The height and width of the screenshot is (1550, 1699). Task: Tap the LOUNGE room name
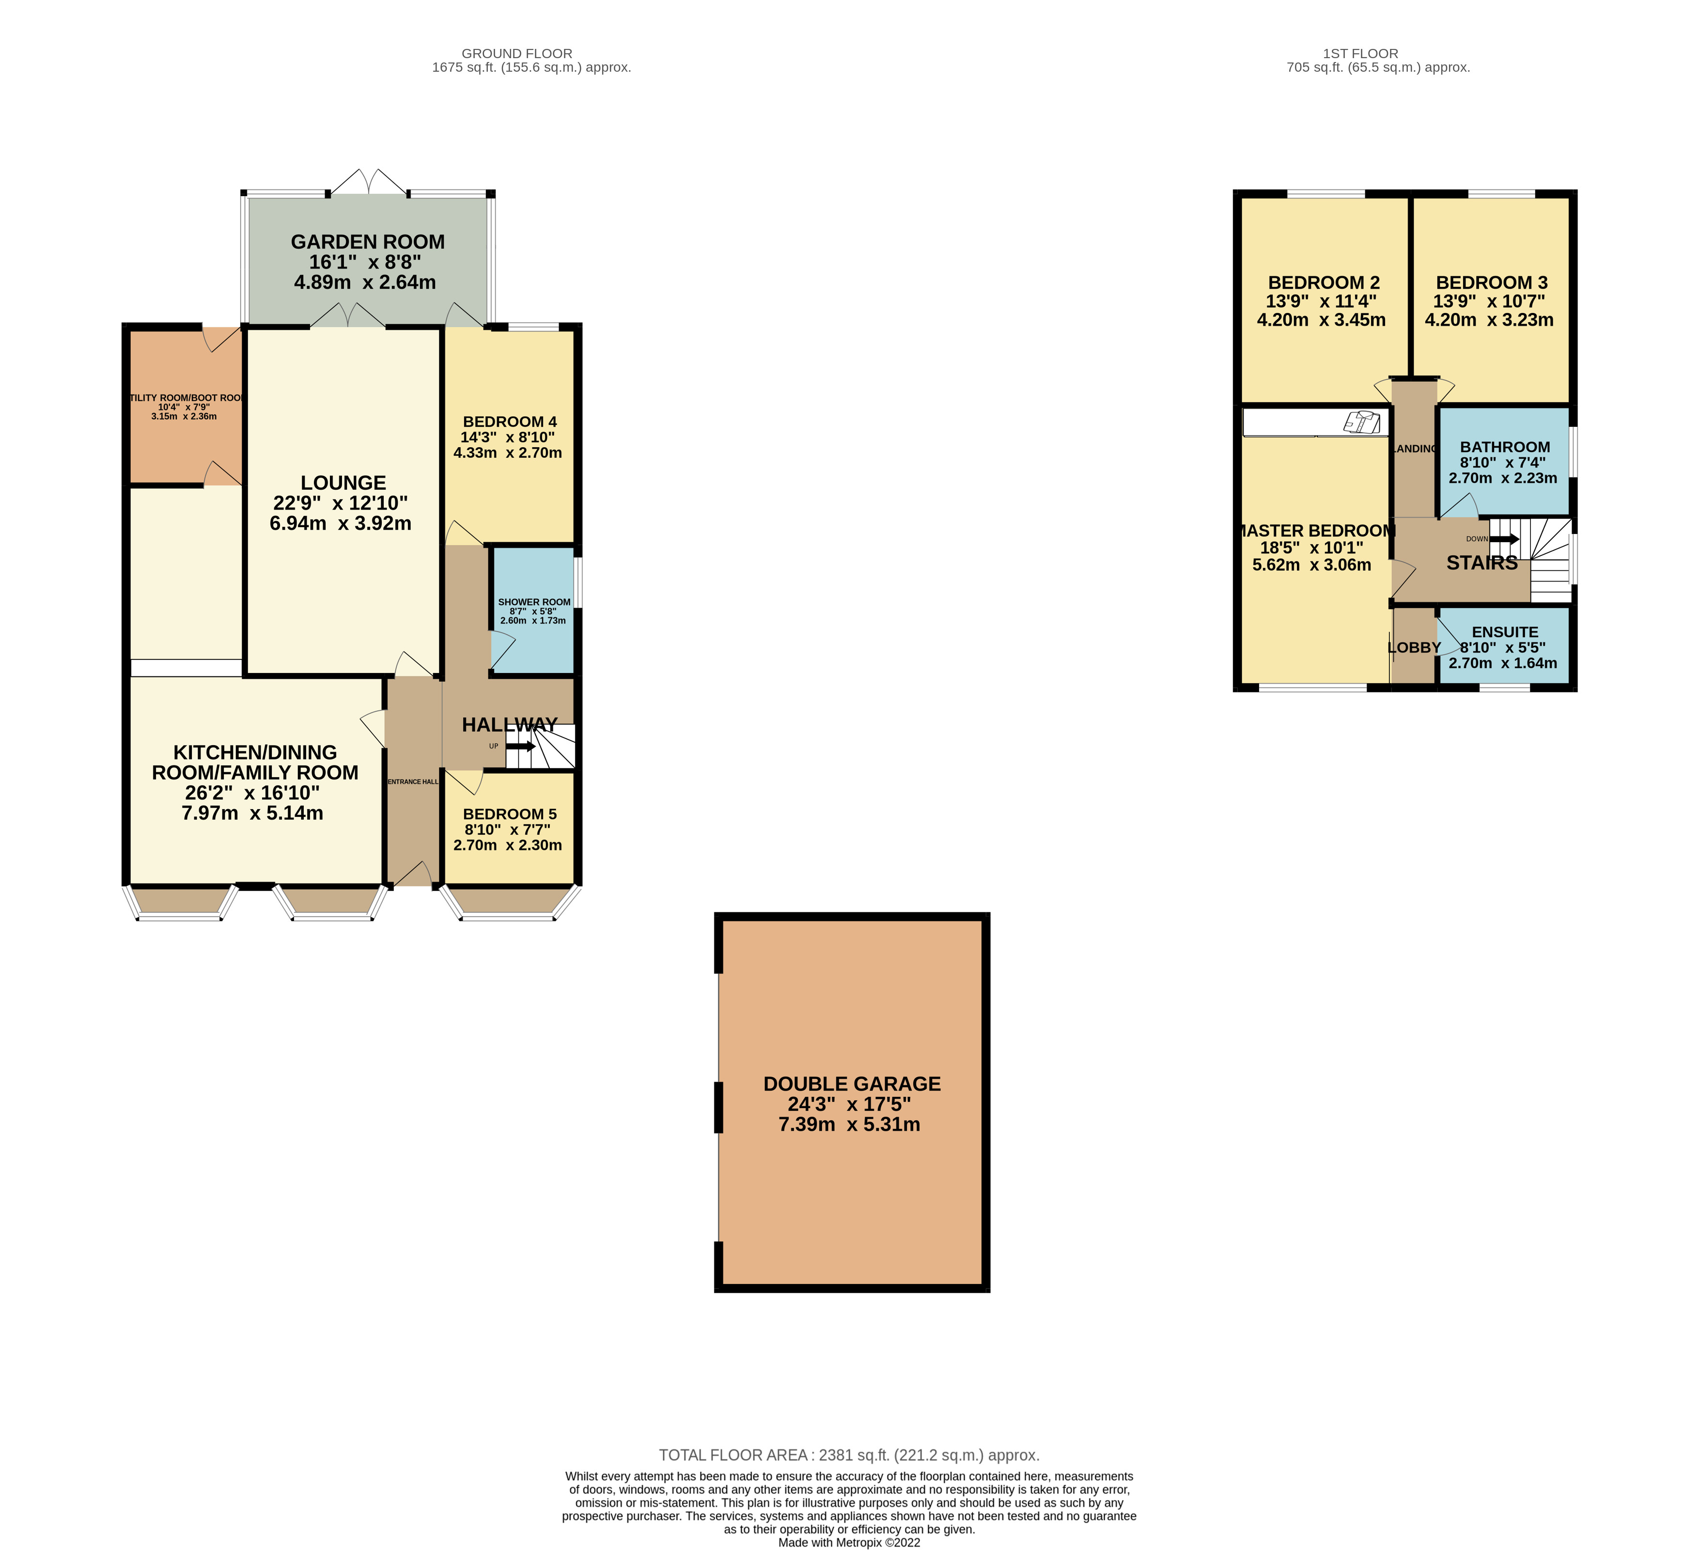(x=343, y=483)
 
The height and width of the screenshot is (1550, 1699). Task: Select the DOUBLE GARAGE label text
(x=851, y=1084)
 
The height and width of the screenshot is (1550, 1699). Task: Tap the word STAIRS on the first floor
(x=1481, y=563)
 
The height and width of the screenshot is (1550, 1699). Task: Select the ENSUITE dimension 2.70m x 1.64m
(x=1503, y=663)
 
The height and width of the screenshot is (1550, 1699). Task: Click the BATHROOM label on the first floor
(x=1504, y=448)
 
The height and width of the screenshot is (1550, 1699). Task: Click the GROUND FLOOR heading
(x=516, y=54)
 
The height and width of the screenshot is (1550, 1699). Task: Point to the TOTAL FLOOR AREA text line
(x=849, y=1455)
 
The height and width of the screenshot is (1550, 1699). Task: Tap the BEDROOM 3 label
(x=1491, y=283)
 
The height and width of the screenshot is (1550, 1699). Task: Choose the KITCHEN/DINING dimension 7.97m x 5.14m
(x=253, y=814)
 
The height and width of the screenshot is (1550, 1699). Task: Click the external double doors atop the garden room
(x=368, y=183)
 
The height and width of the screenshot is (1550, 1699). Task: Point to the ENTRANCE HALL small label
(x=413, y=782)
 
